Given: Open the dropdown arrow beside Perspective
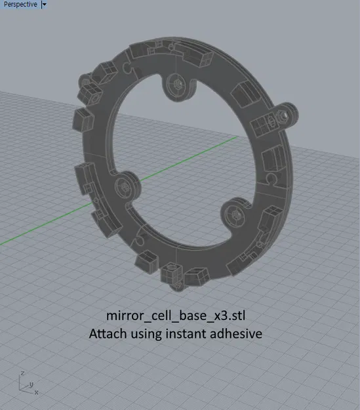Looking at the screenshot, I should point(44,5).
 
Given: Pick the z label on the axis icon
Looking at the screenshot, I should point(22,373).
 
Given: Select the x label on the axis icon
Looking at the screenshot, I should point(36,392).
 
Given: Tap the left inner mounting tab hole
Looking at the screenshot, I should point(125,188).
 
